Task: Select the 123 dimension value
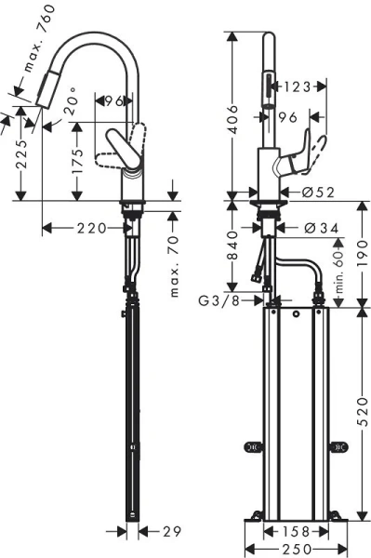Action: tap(298, 86)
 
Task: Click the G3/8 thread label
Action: tap(219, 300)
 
